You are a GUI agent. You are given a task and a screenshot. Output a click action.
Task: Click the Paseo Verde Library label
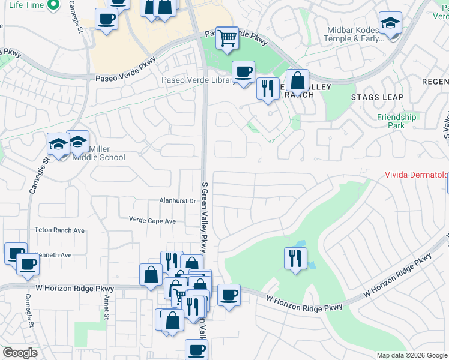click(x=197, y=80)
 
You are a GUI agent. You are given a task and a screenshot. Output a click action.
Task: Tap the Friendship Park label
click(x=396, y=121)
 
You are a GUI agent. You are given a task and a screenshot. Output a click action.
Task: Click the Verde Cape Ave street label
click(x=152, y=221)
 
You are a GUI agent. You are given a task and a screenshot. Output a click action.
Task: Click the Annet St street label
click(x=106, y=310)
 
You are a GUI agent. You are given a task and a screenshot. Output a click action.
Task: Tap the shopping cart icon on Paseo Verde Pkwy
click(x=227, y=38)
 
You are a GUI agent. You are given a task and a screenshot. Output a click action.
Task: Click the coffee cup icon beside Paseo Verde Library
click(x=243, y=72)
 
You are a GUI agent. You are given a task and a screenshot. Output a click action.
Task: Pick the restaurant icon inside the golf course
click(x=295, y=258)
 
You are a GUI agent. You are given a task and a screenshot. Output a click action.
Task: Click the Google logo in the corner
click(x=20, y=353)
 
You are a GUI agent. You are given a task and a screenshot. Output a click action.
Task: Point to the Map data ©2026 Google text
click(x=411, y=355)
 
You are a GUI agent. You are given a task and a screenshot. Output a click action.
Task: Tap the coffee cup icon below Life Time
click(x=106, y=19)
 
